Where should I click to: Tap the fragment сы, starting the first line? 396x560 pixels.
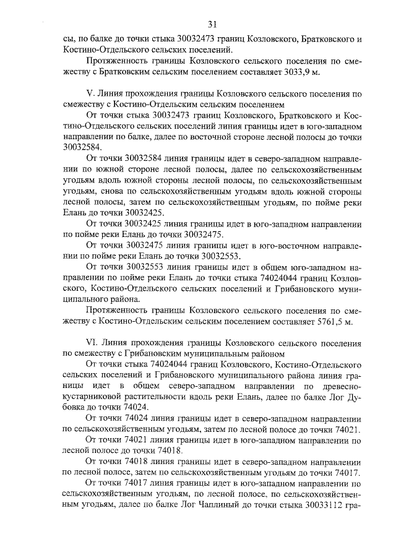[x=70, y=38]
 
